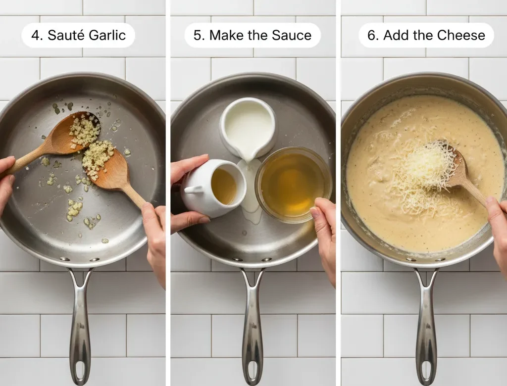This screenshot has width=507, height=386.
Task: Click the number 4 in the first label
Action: [35, 36]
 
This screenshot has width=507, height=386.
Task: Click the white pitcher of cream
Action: [248, 127]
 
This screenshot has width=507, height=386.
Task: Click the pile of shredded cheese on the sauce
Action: [423, 173]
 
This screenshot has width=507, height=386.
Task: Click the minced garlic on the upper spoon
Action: [84, 132]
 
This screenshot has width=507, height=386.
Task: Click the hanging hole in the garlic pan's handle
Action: [80, 368]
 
